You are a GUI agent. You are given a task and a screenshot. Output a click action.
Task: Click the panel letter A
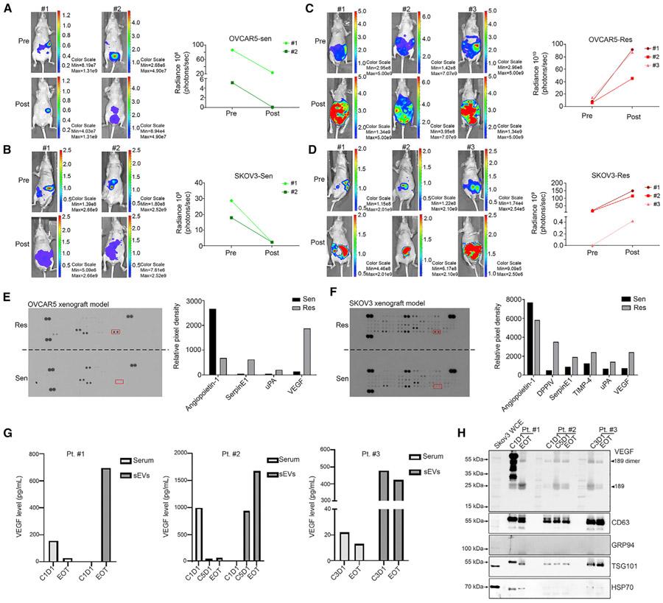pyautogui.click(x=9, y=8)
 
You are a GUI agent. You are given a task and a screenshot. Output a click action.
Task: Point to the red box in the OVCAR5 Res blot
pyautogui.click(x=115, y=333)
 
